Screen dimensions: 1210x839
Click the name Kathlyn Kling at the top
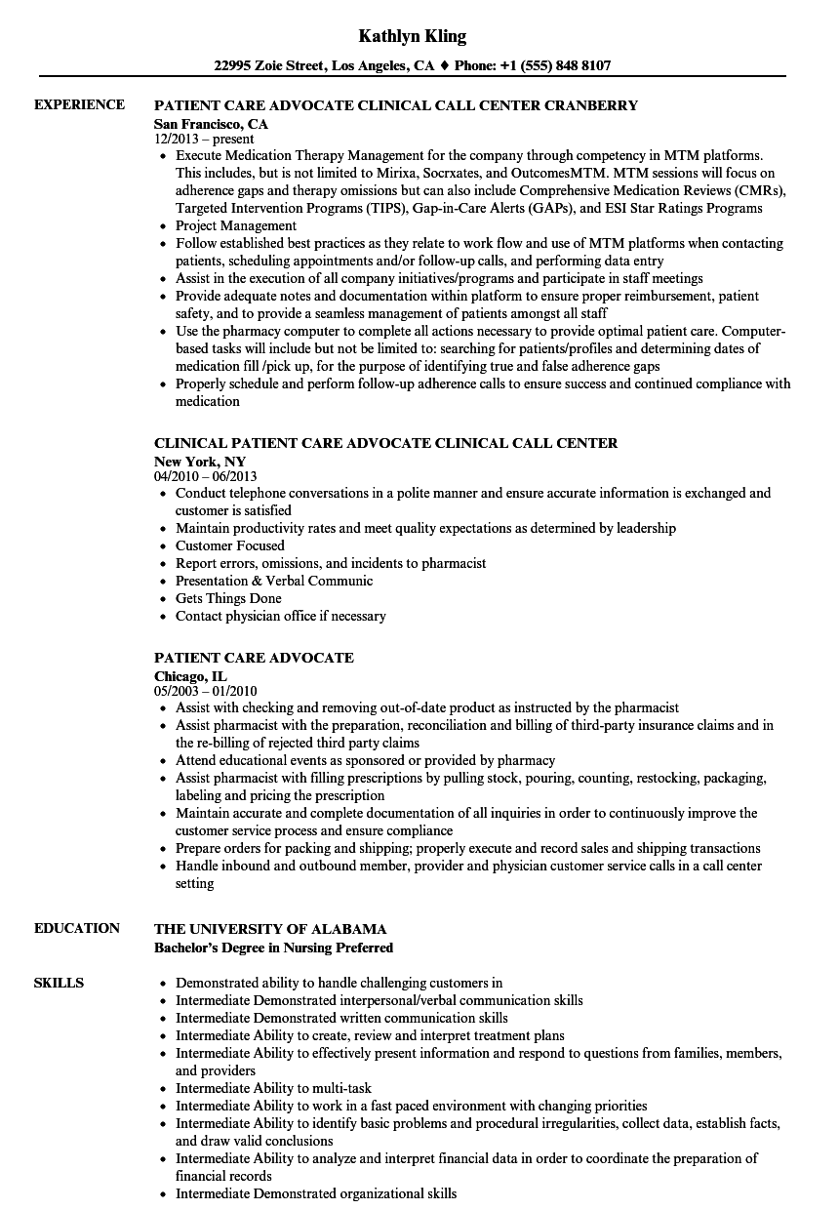tap(412, 36)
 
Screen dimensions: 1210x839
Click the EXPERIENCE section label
tap(79, 104)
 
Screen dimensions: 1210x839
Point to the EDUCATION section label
tap(77, 928)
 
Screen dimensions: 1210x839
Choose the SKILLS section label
tap(59, 983)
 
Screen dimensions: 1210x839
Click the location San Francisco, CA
tap(211, 124)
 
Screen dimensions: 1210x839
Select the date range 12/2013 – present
tap(204, 140)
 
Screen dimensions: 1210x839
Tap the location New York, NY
tap(200, 461)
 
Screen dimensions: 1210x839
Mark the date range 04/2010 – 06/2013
tap(205, 476)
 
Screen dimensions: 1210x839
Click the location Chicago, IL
tap(190, 675)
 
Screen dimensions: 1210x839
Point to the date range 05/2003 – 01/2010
tap(205, 691)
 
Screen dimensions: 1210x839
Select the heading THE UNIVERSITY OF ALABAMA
tap(270, 929)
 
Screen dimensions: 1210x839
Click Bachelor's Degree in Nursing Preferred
tap(273, 948)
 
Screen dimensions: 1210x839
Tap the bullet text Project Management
tap(236, 225)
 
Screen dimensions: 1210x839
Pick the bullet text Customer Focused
tap(230, 545)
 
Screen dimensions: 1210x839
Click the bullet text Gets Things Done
tap(228, 598)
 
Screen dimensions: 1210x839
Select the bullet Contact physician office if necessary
tap(280, 616)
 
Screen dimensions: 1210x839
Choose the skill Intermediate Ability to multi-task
tap(273, 1088)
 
